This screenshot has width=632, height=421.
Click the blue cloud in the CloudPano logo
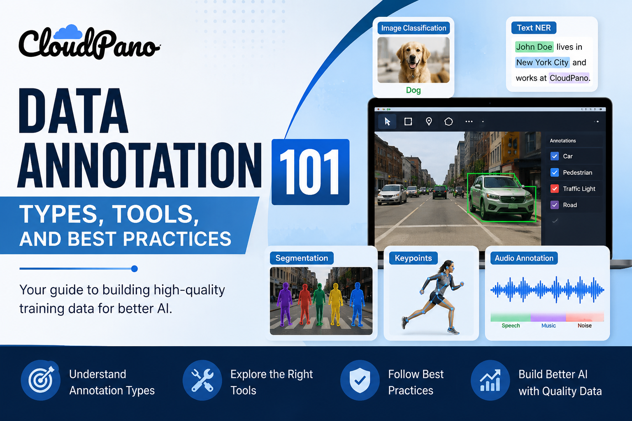click(68, 32)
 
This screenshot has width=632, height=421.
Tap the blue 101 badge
click(310, 172)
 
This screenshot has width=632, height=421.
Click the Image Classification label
click(414, 28)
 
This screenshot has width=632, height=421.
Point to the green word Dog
click(414, 90)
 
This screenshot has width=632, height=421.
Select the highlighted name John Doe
click(534, 47)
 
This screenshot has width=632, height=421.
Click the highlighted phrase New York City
click(542, 62)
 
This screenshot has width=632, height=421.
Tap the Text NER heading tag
click(534, 28)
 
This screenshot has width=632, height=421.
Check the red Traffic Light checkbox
click(554, 188)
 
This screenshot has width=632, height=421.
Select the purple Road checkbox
click(554, 205)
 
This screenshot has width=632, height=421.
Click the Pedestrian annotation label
click(578, 172)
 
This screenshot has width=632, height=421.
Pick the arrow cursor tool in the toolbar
click(387, 122)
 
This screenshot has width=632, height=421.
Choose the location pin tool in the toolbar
click(429, 122)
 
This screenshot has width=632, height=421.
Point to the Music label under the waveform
click(548, 325)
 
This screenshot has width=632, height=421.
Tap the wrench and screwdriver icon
click(202, 380)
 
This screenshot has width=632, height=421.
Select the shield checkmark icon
click(360, 380)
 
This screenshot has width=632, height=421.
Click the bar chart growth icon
click(490, 380)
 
